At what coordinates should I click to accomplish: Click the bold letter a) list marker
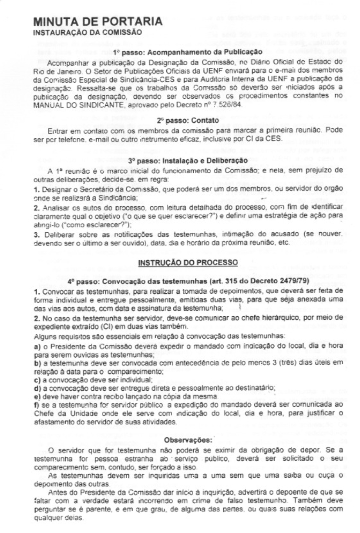coord(37,345)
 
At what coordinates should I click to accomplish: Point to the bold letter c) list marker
coord(37,380)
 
